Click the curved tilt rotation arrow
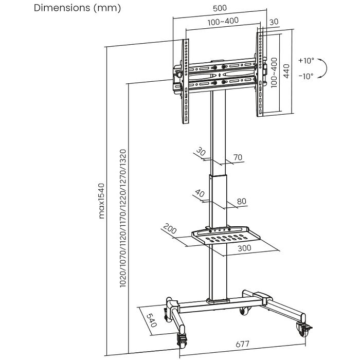click(324, 68)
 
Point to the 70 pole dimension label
click(238, 157)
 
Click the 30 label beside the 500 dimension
click(274, 22)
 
